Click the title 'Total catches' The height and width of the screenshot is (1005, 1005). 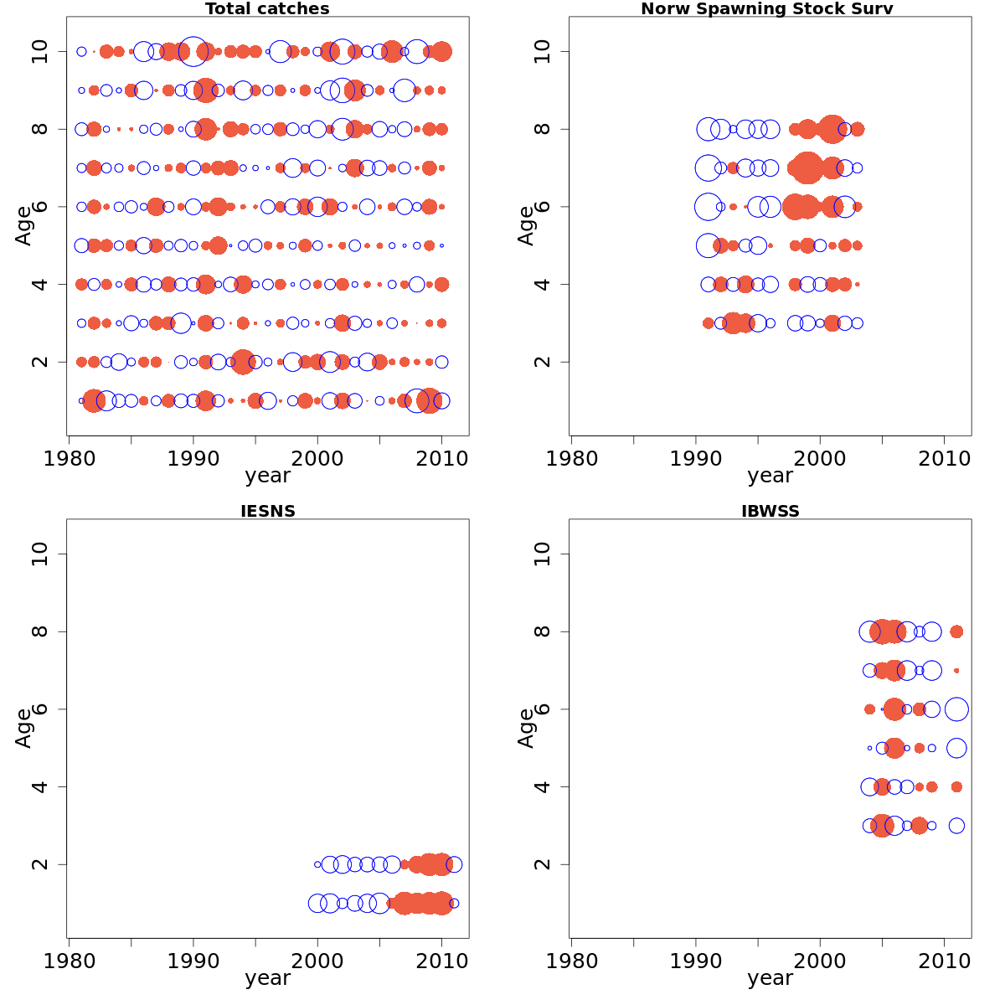click(x=267, y=9)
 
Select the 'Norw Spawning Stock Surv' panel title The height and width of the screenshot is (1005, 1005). click(x=766, y=9)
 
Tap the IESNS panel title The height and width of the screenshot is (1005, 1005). click(x=267, y=512)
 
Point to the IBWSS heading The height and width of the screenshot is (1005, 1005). click(x=770, y=512)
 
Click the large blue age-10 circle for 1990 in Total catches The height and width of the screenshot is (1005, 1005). click(x=193, y=52)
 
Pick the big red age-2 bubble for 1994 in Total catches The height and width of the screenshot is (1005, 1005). click(x=243, y=362)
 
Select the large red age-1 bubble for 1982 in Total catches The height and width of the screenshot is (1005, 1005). click(x=94, y=401)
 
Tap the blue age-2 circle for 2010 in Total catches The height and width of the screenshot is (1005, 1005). click(x=441, y=362)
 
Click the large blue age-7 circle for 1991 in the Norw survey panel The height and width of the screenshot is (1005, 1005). click(x=708, y=167)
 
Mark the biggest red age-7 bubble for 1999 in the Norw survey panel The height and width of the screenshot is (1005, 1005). click(x=807, y=167)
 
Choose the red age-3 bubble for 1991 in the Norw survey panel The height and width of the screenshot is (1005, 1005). click(x=708, y=323)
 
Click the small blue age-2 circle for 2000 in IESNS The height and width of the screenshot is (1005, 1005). click(x=317, y=864)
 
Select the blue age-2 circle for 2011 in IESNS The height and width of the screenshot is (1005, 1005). click(x=454, y=864)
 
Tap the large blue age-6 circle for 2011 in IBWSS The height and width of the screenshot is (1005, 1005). click(x=956, y=709)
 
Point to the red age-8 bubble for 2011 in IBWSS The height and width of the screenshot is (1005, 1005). click(x=956, y=631)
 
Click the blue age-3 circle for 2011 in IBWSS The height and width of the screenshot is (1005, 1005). click(x=956, y=826)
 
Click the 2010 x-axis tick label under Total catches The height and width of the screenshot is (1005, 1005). click(x=441, y=459)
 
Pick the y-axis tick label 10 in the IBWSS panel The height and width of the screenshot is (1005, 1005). click(x=543, y=554)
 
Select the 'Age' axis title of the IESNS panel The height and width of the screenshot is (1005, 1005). click(x=23, y=728)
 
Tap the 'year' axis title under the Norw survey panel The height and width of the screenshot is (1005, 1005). click(x=770, y=476)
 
